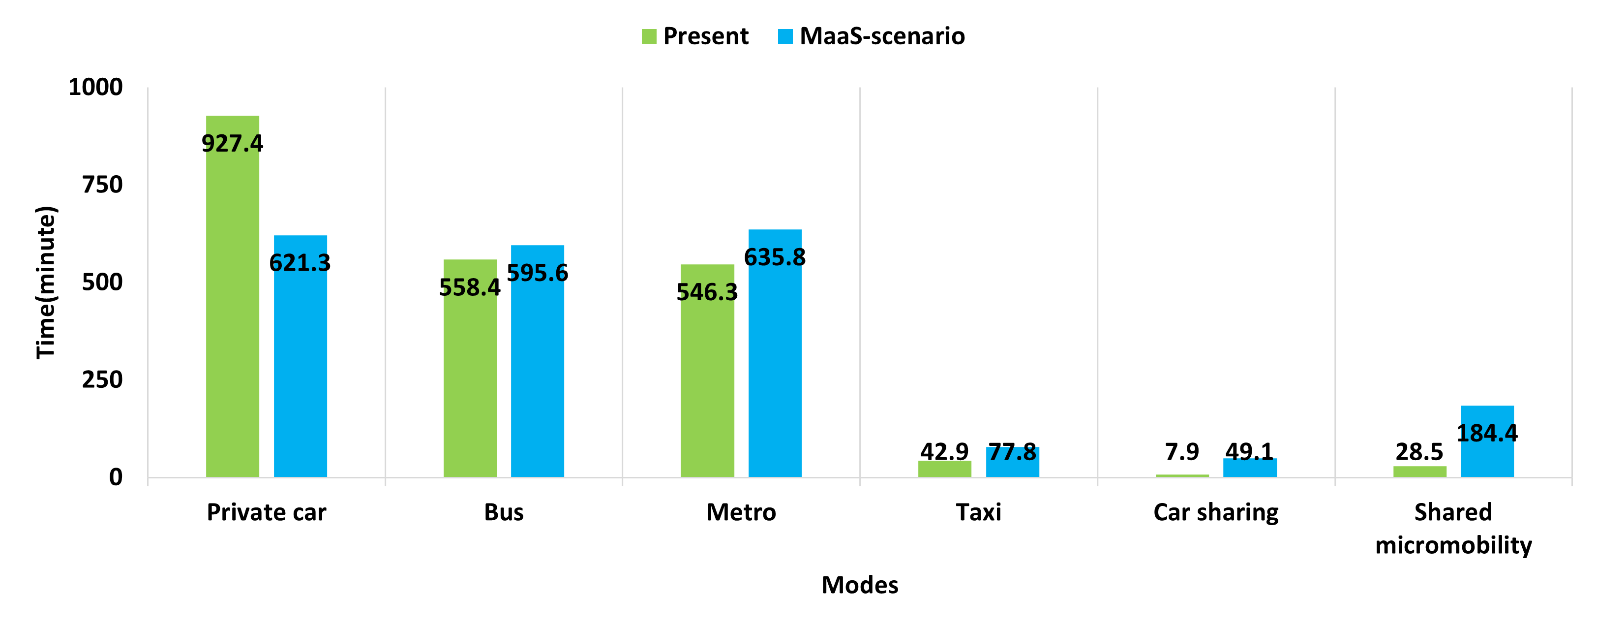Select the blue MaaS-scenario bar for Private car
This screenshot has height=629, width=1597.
click(x=300, y=372)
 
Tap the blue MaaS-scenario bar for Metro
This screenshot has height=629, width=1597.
click(x=775, y=372)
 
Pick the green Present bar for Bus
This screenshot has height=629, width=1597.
click(x=470, y=384)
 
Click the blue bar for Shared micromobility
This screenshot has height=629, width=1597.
click(x=1487, y=456)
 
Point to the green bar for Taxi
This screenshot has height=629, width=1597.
click(x=944, y=469)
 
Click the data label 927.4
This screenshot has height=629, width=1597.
click(x=233, y=144)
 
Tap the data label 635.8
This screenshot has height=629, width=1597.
click(x=775, y=257)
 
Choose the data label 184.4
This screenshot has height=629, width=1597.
click(x=1487, y=433)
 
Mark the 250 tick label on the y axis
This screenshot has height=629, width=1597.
click(x=102, y=379)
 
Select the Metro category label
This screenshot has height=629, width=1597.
click(x=741, y=512)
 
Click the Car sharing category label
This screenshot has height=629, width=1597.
click(x=1216, y=512)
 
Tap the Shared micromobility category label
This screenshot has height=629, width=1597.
click(x=1453, y=529)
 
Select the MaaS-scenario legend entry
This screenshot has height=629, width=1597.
click(x=871, y=36)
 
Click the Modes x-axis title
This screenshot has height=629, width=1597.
click(x=860, y=585)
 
